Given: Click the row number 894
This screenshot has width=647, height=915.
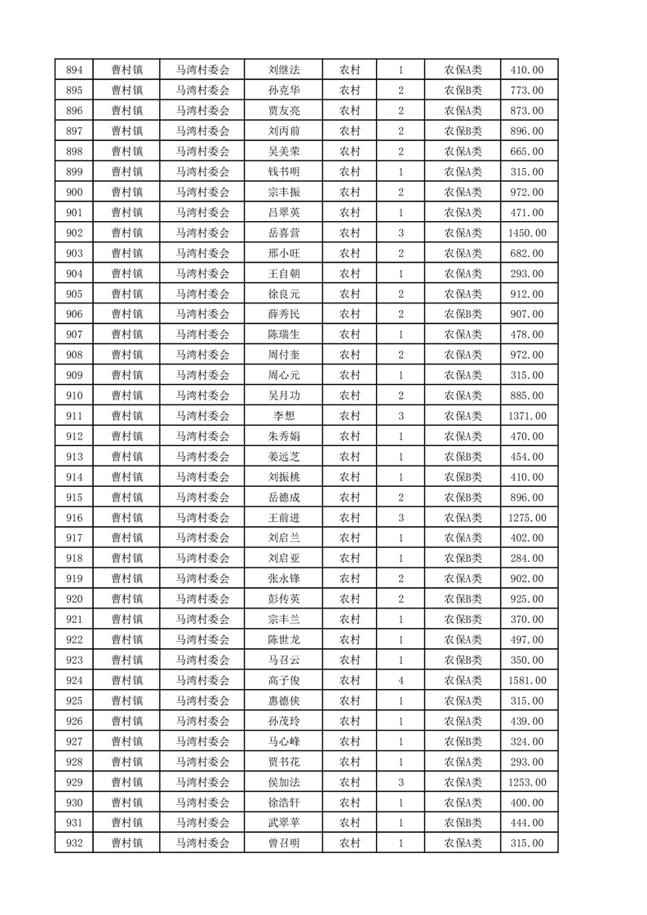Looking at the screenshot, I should pyautogui.click(x=73, y=70).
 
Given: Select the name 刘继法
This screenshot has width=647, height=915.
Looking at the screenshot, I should pyautogui.click(x=283, y=70).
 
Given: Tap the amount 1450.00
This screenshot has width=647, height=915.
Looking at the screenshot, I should pyautogui.click(x=527, y=233).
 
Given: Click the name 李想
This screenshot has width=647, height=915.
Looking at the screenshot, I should pyautogui.click(x=283, y=416).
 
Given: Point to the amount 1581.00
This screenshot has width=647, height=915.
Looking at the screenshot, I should pyautogui.click(x=527, y=680).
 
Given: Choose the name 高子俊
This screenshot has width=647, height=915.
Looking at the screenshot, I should pyautogui.click(x=283, y=680).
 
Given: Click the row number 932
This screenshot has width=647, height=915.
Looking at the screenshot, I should pyautogui.click(x=73, y=843).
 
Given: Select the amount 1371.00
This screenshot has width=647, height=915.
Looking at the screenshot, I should pyautogui.click(x=527, y=416).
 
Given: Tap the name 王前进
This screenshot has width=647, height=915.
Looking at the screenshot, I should pyautogui.click(x=283, y=518).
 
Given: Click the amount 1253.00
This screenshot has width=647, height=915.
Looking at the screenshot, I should pyautogui.click(x=527, y=782).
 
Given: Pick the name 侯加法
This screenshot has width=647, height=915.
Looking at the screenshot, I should pyautogui.click(x=283, y=782).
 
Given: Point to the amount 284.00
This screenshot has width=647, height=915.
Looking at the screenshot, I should pyautogui.click(x=527, y=559).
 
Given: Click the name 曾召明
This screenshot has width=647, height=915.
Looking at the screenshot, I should pyautogui.click(x=283, y=843).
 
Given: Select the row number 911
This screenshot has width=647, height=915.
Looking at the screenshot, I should pyautogui.click(x=73, y=416).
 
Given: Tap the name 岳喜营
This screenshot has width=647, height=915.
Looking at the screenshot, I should pyautogui.click(x=283, y=233).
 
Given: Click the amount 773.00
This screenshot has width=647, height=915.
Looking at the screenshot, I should pyautogui.click(x=527, y=91).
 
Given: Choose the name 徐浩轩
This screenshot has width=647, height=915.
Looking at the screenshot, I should pyautogui.click(x=283, y=802).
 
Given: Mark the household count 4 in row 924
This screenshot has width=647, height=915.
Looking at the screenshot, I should pyautogui.click(x=401, y=680).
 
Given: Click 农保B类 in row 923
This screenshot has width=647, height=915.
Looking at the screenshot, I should pyautogui.click(x=463, y=660).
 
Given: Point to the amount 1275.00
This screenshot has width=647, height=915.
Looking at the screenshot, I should pyautogui.click(x=527, y=518).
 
